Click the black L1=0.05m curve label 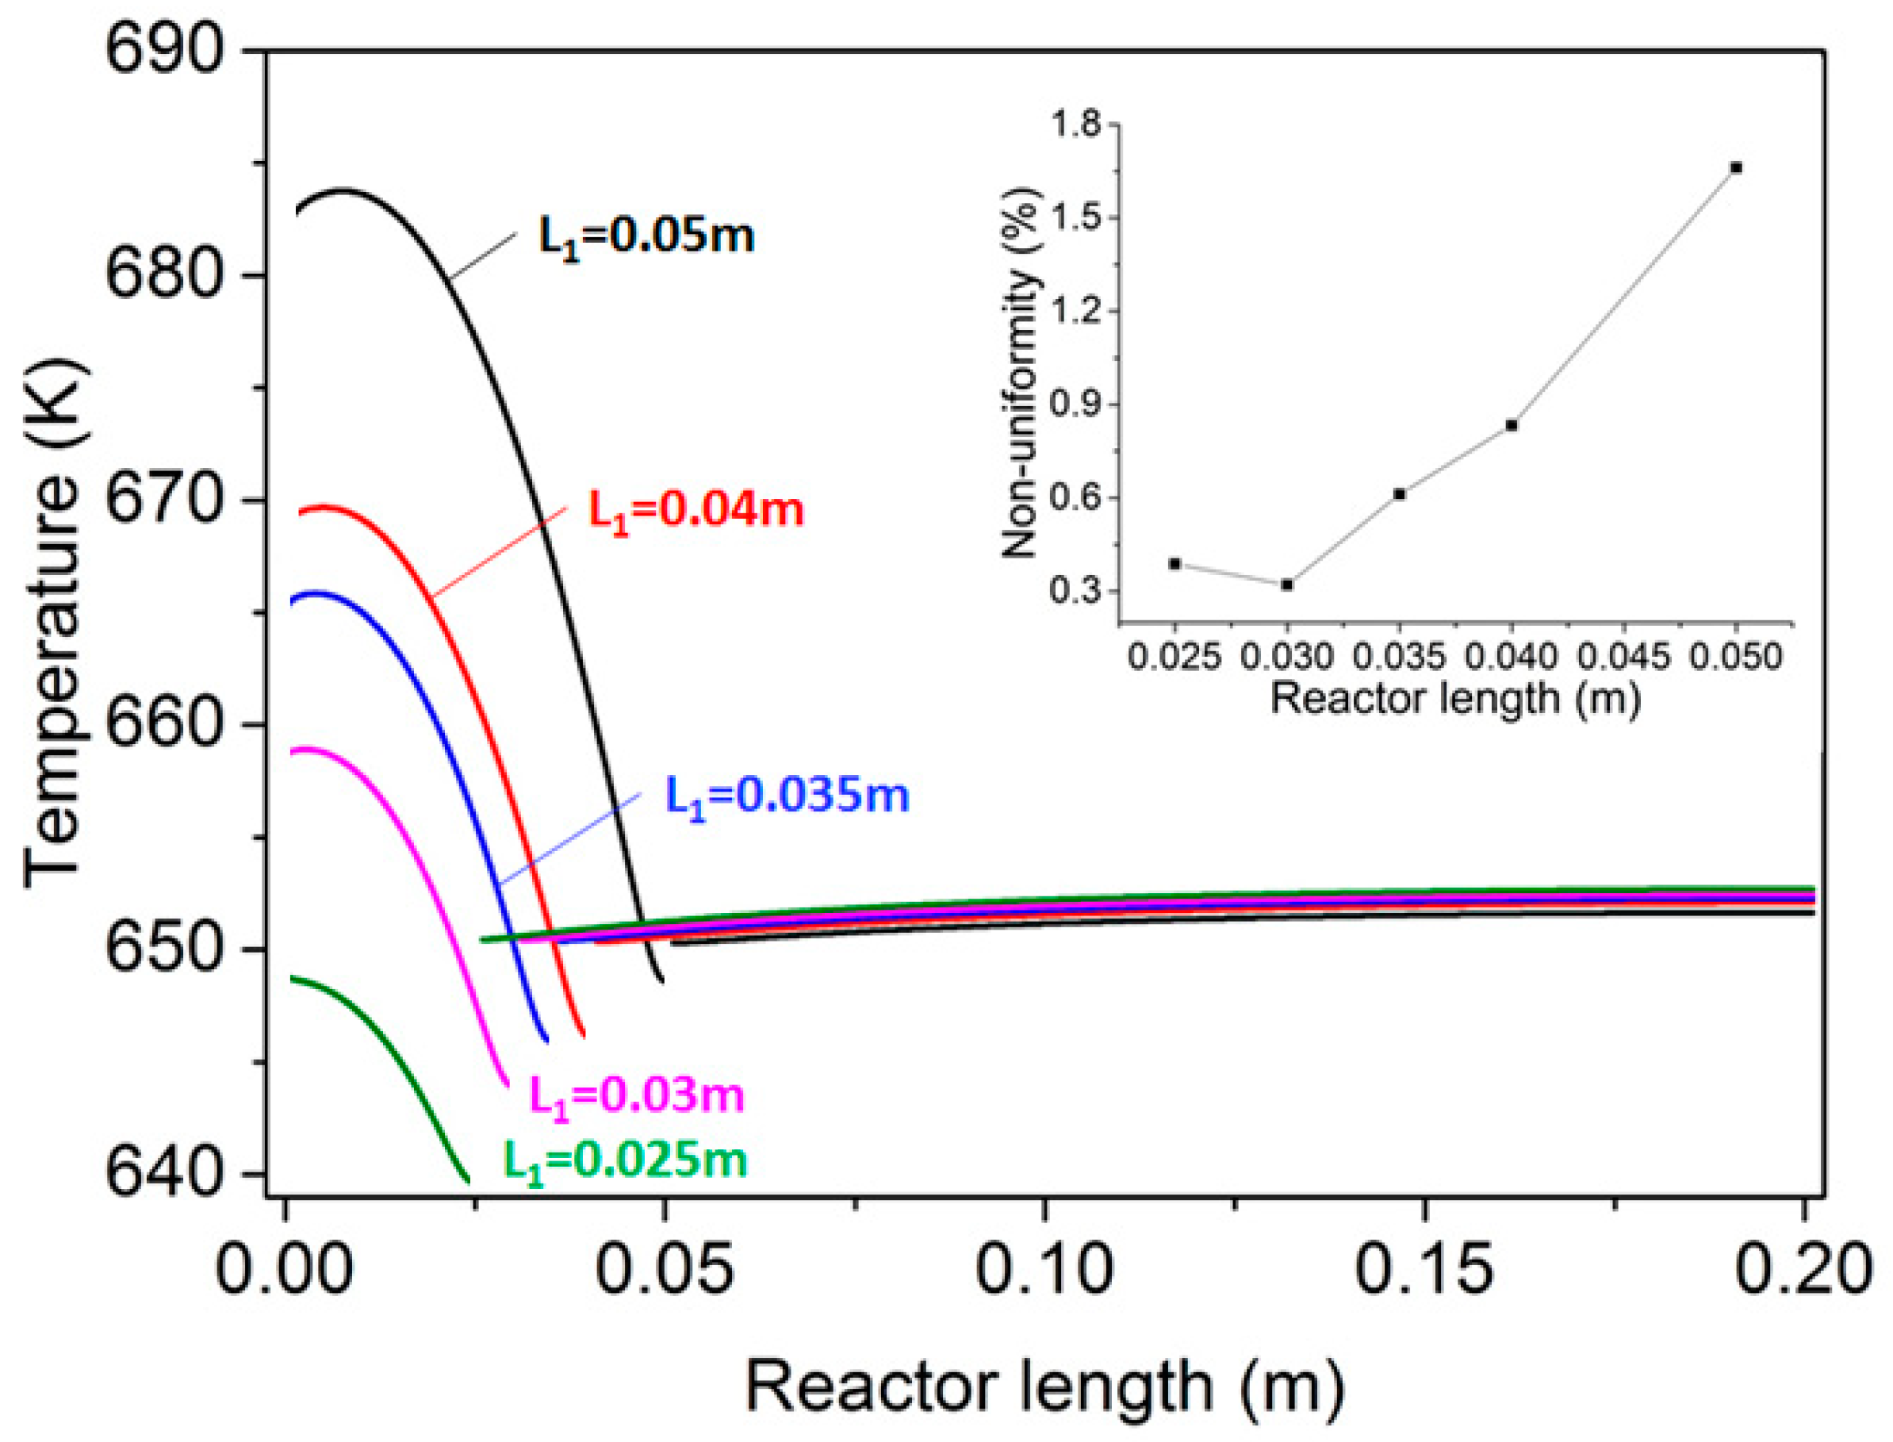(x=646, y=236)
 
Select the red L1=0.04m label (x=695, y=510)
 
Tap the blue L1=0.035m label (x=787, y=796)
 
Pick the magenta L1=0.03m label (x=637, y=1096)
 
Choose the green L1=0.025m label (x=625, y=1160)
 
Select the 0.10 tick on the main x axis (x=1044, y=1268)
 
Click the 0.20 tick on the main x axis (x=1802, y=1268)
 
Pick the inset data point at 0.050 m (x=1736, y=167)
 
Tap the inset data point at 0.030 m (x=1286, y=585)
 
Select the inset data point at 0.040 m (x=1511, y=425)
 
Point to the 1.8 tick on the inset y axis (x=1075, y=125)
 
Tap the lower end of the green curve (x=468, y=1182)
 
